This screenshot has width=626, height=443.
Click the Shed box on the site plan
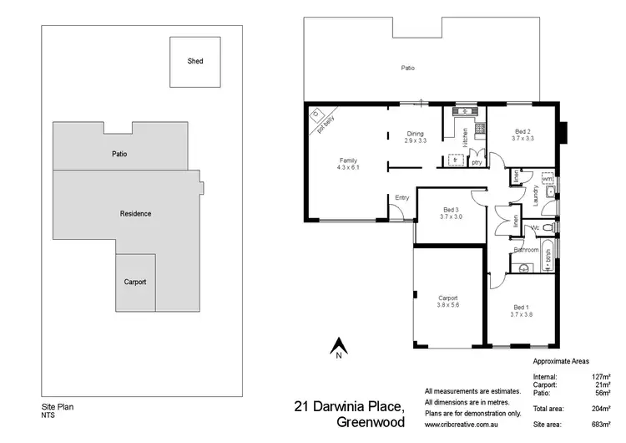[x=194, y=62]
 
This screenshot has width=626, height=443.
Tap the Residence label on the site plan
[x=135, y=214]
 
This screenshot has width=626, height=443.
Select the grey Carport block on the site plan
[x=135, y=283]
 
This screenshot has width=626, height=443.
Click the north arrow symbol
[x=339, y=344]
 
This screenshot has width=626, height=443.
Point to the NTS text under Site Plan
[x=48, y=417]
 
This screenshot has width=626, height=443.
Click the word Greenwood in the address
[x=371, y=422]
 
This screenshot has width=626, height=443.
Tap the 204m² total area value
[x=599, y=410]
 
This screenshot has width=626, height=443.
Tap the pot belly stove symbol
[x=316, y=115]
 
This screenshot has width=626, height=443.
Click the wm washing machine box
[x=548, y=179]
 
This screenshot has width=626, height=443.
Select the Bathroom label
[x=526, y=250]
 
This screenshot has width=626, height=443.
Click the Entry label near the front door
[x=402, y=198]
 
